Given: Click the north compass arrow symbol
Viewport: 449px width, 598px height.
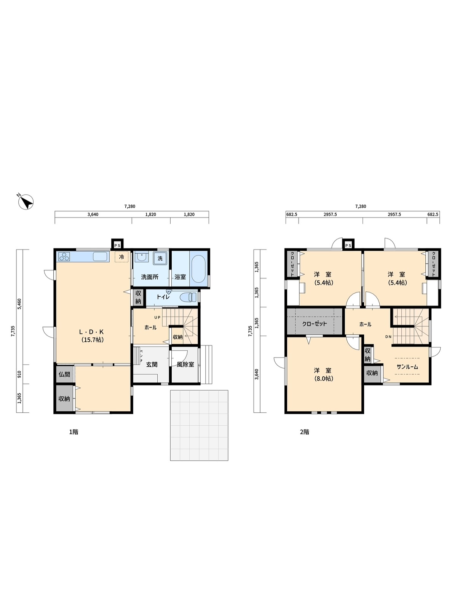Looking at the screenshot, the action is (x=26, y=202).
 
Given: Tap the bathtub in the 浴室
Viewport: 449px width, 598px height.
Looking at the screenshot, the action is (x=198, y=269).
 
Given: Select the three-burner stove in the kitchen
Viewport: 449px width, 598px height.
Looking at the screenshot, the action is (x=64, y=257).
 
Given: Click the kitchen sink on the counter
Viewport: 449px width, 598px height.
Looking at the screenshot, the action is (x=100, y=257).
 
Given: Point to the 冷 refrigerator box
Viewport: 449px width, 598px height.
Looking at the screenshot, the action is (x=121, y=257).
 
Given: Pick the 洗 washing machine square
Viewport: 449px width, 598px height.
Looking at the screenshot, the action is (x=160, y=258).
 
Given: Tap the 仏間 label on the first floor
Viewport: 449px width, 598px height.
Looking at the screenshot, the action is (x=64, y=374).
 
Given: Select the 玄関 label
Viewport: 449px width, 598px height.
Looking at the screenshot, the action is (x=152, y=364).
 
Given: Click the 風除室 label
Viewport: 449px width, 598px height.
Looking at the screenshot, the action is (x=185, y=364).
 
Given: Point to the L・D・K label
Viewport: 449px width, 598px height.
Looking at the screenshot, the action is (x=91, y=332).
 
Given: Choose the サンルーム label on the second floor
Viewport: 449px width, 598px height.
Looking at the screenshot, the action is (x=407, y=367).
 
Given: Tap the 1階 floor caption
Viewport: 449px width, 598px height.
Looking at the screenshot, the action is (x=74, y=432).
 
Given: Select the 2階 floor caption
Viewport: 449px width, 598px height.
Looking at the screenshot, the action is (x=305, y=432).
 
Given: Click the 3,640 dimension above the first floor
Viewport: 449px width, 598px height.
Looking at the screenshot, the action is (x=93, y=215).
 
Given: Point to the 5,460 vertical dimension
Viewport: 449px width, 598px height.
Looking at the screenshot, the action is (x=19, y=304).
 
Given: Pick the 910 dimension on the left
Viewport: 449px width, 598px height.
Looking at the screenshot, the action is (x=19, y=374).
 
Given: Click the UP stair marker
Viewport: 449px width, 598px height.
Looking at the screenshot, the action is (x=158, y=317).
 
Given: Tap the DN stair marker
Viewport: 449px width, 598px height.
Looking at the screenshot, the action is (x=388, y=337).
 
